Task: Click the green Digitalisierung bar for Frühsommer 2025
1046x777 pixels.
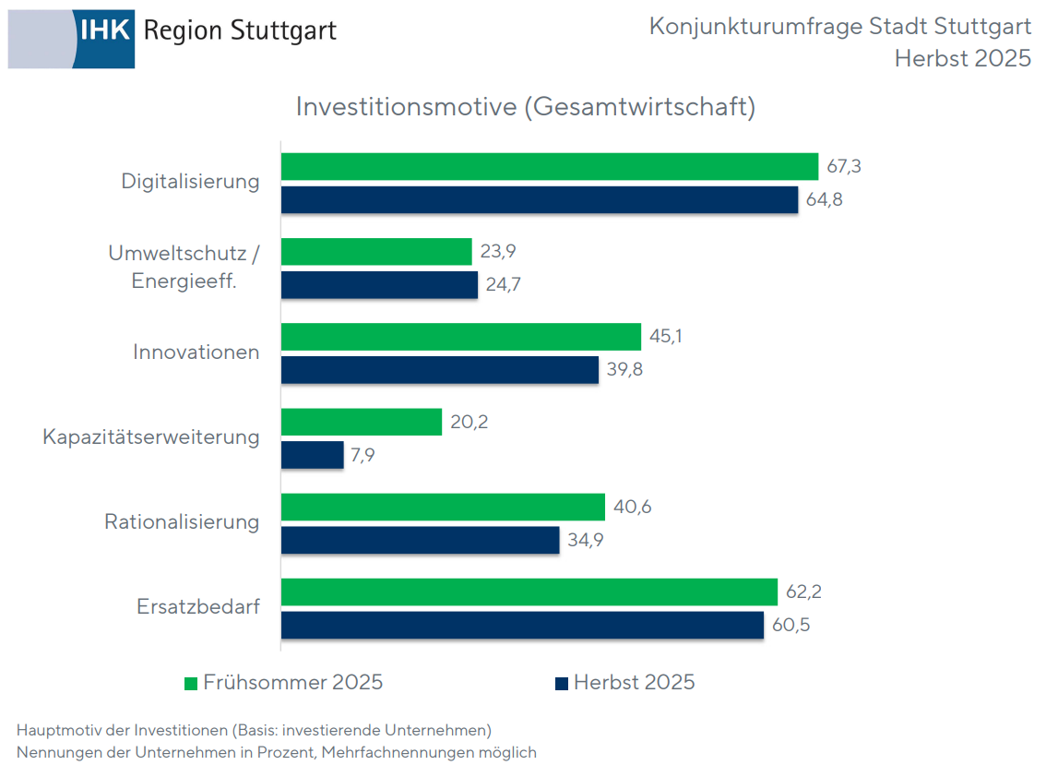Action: [549, 167]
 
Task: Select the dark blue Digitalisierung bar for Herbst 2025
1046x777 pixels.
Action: [539, 200]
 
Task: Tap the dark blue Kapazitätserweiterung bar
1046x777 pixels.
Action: [312, 456]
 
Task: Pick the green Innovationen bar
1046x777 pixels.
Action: [460, 337]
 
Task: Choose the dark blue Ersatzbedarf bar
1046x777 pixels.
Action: [522, 625]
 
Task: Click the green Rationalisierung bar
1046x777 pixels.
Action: [443, 507]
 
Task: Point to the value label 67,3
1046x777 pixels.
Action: [843, 167]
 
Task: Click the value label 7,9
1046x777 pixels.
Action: [363, 456]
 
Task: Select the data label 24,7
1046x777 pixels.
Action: [503, 285]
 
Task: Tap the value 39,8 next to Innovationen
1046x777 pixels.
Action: [624, 370]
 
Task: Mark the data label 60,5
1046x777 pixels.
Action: [789, 626]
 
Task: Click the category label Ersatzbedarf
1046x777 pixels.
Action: [198, 607]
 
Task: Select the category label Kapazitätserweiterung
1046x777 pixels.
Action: [151, 436]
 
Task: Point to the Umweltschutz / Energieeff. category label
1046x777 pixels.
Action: [184, 268]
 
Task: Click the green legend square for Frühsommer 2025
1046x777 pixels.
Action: [191, 684]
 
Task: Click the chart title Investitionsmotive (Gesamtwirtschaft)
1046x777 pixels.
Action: [525, 107]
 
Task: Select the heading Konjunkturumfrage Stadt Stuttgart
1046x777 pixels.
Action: [839, 27]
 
